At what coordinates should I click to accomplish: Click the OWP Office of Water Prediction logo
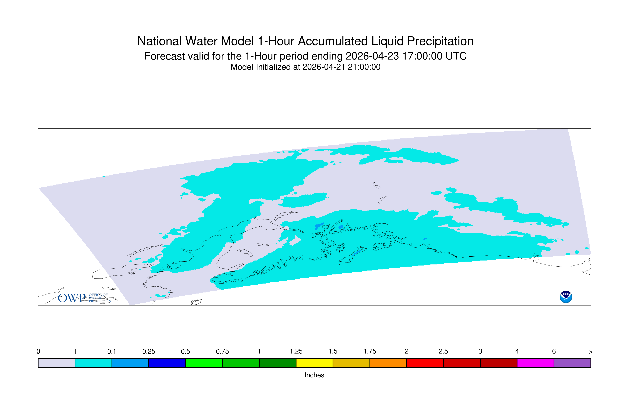point(84,298)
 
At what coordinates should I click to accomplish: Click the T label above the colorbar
point(75,352)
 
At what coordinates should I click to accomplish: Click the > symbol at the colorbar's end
point(591,352)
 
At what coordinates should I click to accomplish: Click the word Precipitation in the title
point(440,41)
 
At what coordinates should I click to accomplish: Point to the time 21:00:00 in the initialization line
point(364,67)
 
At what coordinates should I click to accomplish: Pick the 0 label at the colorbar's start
point(38,352)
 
